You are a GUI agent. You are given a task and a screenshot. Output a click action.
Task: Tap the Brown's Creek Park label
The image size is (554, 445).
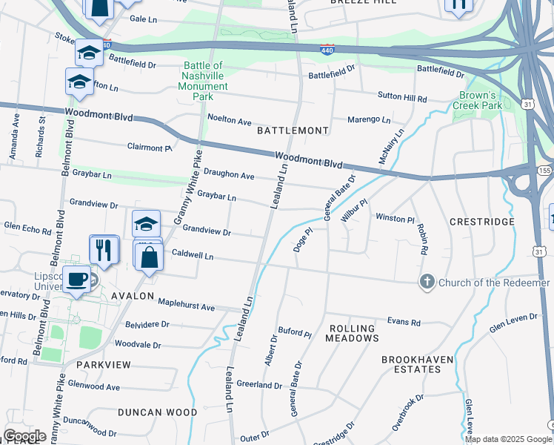click(x=477, y=100)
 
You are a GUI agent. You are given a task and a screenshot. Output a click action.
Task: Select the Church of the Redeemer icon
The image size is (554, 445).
click(x=427, y=282)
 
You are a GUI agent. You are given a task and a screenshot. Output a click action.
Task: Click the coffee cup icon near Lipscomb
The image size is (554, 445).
click(x=76, y=278)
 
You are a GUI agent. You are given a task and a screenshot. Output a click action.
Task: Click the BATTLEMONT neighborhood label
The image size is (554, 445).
click(x=293, y=131)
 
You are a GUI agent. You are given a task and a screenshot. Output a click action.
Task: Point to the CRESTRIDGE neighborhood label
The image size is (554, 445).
click(x=481, y=222)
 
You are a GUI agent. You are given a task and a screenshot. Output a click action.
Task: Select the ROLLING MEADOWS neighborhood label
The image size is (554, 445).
click(x=353, y=333)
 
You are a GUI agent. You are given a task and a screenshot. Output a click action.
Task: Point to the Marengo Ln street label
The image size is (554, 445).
click(x=370, y=119)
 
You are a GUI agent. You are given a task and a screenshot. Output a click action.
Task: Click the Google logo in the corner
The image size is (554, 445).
click(x=24, y=435)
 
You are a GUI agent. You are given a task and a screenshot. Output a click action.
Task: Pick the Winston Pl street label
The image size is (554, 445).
click(x=395, y=218)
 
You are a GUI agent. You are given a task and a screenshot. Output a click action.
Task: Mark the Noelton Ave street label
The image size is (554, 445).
click(x=230, y=119)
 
